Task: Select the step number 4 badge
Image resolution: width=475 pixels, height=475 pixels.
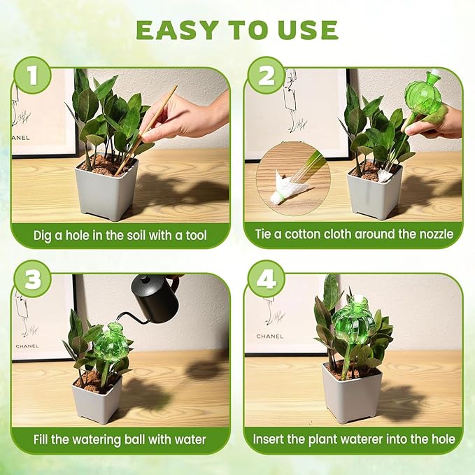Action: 266,278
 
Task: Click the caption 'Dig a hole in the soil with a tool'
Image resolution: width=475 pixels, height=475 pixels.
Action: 120,235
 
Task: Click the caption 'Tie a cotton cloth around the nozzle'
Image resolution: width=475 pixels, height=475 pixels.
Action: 353,235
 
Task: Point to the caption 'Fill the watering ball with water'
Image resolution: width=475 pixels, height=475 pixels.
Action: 120,439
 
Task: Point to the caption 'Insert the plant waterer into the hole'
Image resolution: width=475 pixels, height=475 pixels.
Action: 353,439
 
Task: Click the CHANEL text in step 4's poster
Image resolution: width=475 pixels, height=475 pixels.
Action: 269,336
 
